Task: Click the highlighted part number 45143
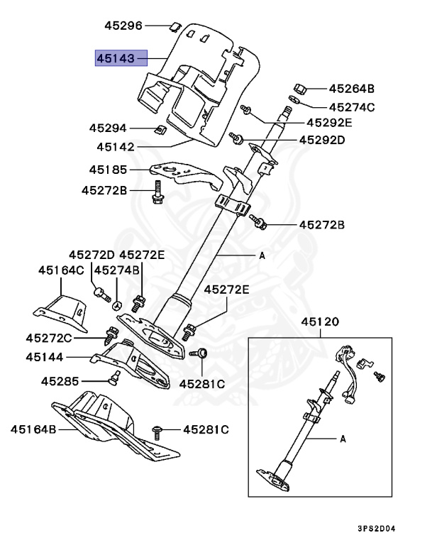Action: (121, 57)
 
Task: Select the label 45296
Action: (123, 26)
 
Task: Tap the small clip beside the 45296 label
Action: (172, 27)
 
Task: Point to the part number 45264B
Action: (351, 89)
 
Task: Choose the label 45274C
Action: (351, 107)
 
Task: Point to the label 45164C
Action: (61, 270)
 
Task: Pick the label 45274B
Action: (117, 270)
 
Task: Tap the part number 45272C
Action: (50, 338)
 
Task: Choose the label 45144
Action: (45, 357)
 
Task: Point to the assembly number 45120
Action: (321, 321)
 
